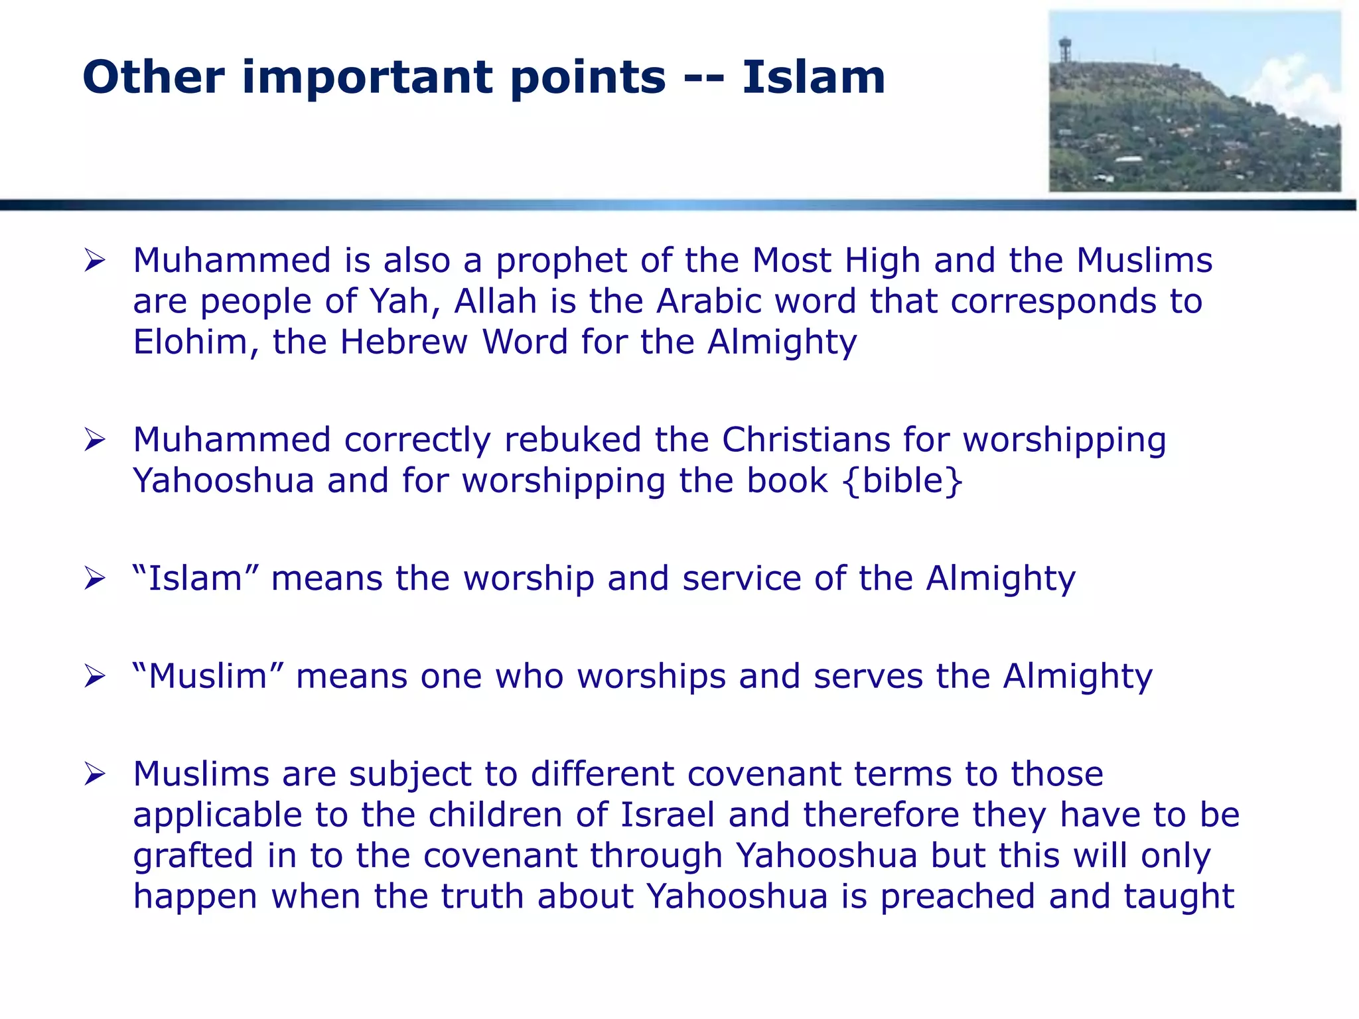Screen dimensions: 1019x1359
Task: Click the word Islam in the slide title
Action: point(814,78)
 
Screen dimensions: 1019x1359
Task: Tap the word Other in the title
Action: point(153,78)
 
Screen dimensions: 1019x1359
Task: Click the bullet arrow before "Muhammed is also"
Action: point(94,261)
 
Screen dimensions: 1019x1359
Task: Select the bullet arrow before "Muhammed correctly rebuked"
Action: point(94,440)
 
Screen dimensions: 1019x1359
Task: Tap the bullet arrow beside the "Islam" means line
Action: point(94,578)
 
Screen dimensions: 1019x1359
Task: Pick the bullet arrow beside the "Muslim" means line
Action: point(94,677)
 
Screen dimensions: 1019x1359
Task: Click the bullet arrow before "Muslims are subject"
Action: point(94,774)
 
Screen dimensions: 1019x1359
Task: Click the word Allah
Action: point(495,301)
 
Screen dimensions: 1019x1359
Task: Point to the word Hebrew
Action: point(404,342)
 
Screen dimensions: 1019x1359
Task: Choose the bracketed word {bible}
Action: point(902,481)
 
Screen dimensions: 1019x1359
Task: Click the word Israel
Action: point(668,815)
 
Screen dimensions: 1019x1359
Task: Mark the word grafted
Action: point(193,856)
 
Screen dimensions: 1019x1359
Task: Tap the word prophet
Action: point(561,261)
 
